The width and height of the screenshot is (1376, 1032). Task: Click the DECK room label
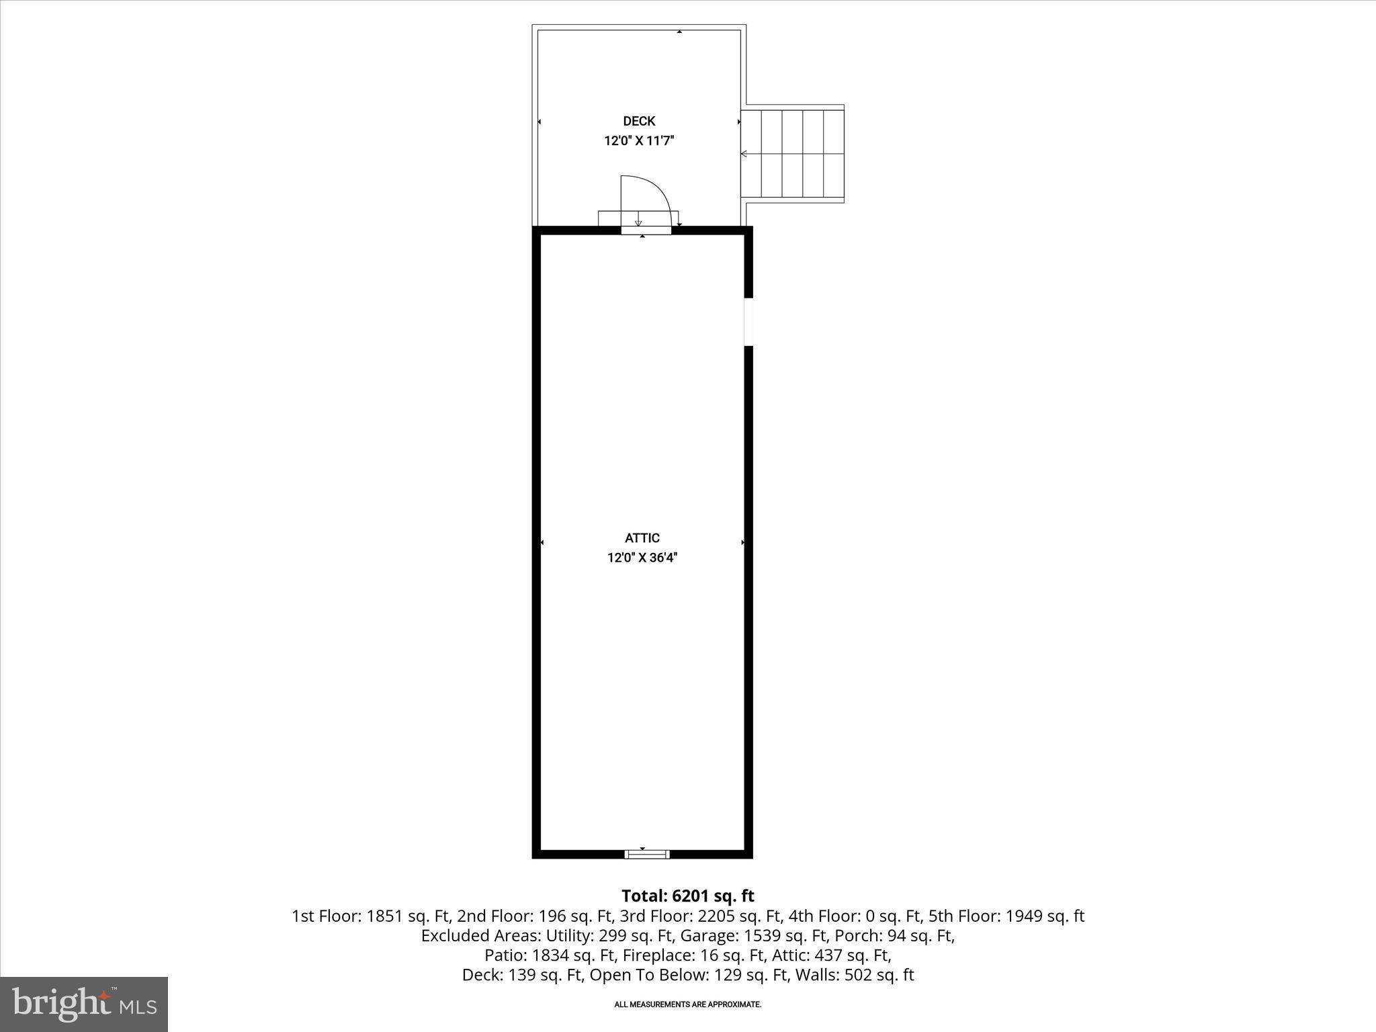(x=639, y=121)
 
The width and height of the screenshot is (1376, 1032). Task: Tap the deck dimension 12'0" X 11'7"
(x=639, y=141)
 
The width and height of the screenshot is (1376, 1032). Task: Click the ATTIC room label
(x=642, y=537)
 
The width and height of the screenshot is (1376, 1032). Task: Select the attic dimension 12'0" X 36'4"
(x=642, y=558)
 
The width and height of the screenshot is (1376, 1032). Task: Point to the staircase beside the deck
(x=793, y=154)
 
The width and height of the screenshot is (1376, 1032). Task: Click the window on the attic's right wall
(x=748, y=322)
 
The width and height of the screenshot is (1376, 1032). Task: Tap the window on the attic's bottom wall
(x=646, y=854)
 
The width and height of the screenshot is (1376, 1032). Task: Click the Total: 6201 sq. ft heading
(x=687, y=896)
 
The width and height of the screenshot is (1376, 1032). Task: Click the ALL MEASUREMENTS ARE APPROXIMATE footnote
(x=687, y=1004)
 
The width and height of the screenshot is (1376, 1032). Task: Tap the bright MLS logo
(x=84, y=1004)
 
